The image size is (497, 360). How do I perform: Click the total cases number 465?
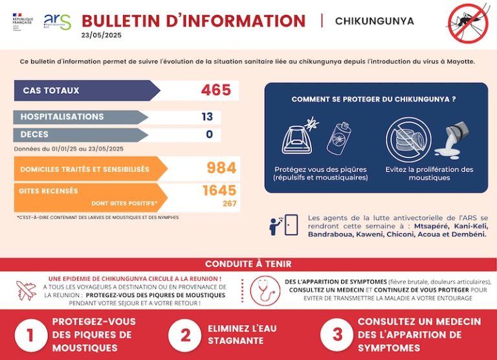click(215, 90)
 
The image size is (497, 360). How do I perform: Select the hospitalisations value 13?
click(207, 117)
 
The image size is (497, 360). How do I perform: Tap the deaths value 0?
click(209, 135)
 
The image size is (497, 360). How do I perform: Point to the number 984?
click(221, 168)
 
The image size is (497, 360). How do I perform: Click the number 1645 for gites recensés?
click(219, 191)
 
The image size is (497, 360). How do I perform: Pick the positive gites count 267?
click(229, 204)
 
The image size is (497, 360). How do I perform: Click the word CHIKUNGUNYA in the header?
click(374, 21)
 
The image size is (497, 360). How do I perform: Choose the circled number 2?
click(185, 334)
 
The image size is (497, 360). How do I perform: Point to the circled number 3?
click(337, 334)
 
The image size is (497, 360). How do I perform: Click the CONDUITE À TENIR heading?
click(248, 264)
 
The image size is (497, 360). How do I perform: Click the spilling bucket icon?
click(449, 142)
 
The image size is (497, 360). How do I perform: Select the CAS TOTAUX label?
click(51, 91)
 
